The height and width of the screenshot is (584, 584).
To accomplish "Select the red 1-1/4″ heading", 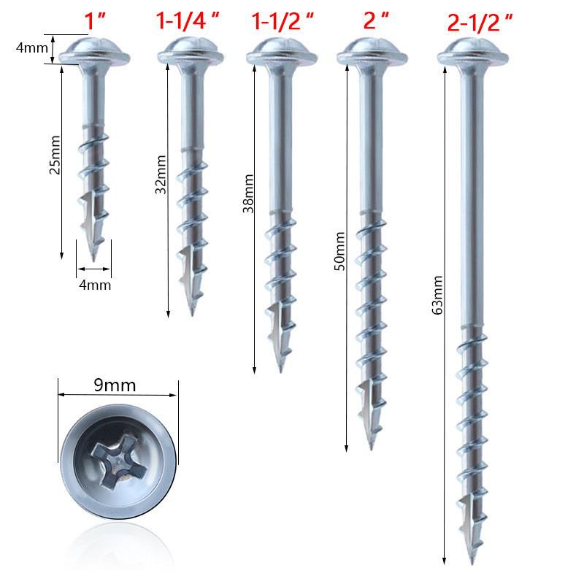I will tap(188, 20).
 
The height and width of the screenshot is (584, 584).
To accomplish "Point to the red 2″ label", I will tap(374, 20).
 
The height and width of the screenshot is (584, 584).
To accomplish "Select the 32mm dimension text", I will tap(161, 174).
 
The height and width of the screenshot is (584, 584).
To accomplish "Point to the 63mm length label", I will tap(437, 296).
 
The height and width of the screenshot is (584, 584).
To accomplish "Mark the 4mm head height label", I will tap(30, 49).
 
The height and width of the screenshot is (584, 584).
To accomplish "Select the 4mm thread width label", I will tap(94, 285).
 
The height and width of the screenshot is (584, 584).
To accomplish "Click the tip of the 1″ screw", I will tap(95, 257).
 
